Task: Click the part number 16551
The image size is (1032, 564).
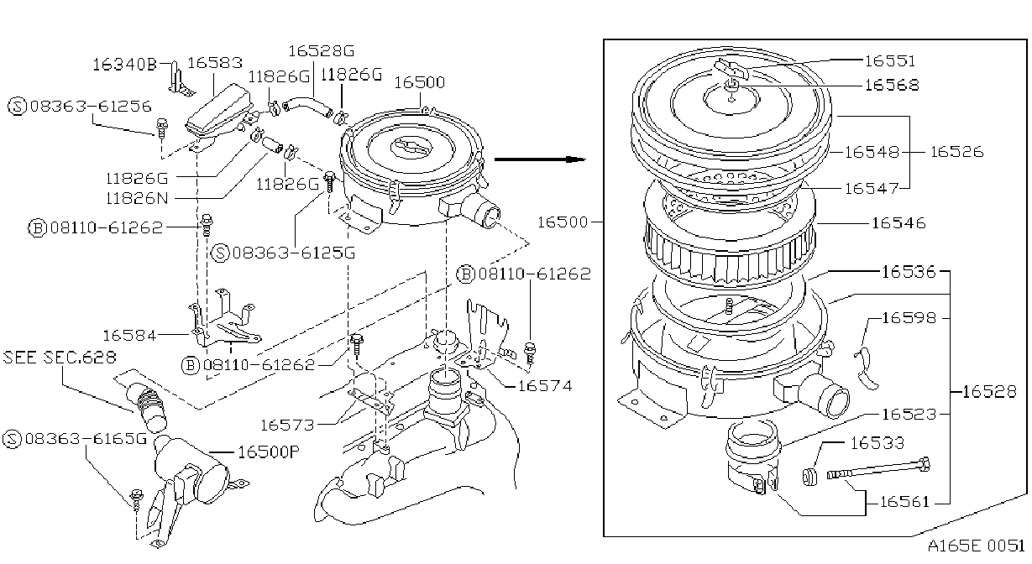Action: [889, 60]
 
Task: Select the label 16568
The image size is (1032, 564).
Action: [892, 85]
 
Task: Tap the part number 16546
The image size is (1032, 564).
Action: [898, 223]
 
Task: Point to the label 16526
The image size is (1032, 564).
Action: [956, 152]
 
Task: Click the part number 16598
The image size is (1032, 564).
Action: [909, 318]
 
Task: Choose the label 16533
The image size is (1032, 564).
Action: [877, 443]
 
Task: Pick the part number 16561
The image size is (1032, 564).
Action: [904, 501]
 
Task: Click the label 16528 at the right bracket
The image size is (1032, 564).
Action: [989, 391]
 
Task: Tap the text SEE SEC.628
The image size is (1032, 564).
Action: [60, 358]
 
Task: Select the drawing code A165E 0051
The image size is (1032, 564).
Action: [976, 546]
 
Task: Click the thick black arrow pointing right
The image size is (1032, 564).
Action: [539, 159]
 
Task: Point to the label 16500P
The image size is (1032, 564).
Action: [269, 452]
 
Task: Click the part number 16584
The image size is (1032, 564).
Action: [129, 336]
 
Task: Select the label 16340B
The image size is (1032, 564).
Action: [125, 65]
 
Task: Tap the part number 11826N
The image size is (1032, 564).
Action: [137, 198]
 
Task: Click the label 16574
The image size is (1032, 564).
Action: [545, 386]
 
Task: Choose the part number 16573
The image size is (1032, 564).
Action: [287, 425]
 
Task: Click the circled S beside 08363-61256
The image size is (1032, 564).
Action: [17, 107]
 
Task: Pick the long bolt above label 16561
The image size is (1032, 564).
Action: [878, 468]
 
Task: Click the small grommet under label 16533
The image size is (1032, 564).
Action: [810, 477]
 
